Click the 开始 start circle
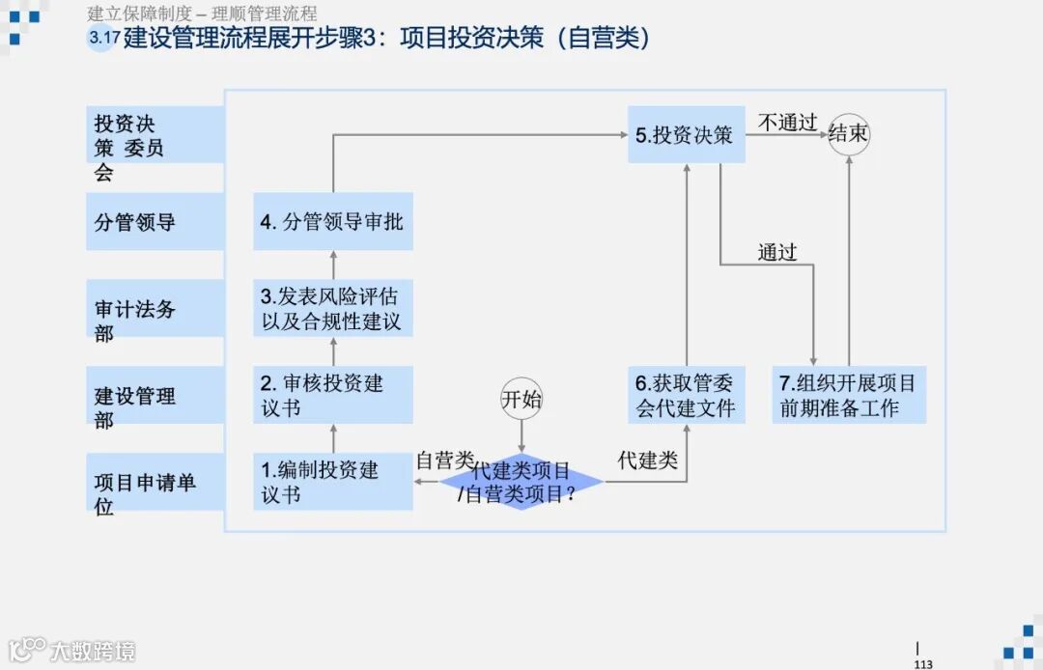[x=521, y=400]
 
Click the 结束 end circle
[x=849, y=134]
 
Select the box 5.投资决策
[x=686, y=134]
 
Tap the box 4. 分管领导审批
[x=332, y=221]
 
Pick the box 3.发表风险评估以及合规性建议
[x=332, y=308]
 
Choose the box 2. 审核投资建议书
[x=332, y=395]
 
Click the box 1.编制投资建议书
[x=332, y=482]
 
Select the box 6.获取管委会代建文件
[x=686, y=395]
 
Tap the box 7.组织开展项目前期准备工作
[x=849, y=395]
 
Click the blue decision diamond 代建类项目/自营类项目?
[x=521, y=482]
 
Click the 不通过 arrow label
[x=787, y=123]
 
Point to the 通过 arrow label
[x=777, y=252]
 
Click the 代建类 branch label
[x=647, y=461]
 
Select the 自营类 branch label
[x=445, y=461]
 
